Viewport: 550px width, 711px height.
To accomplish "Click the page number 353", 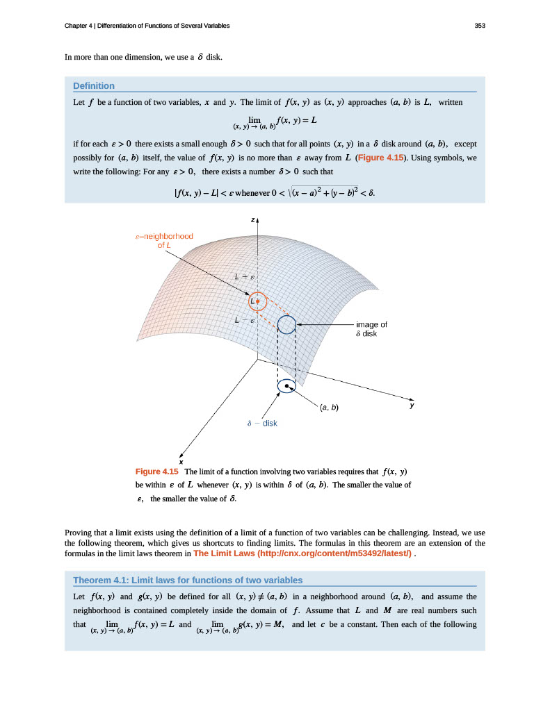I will tap(479, 26).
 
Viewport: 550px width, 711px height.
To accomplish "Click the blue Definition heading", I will tap(94, 85).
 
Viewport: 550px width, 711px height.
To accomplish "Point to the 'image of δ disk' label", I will tap(371, 328).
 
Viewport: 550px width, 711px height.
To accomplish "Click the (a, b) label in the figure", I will tap(329, 407).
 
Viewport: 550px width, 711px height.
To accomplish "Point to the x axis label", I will tap(181, 462).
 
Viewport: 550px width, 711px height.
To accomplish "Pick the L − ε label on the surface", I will tap(244, 320).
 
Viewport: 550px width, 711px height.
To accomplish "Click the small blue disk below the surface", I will tap(286, 386).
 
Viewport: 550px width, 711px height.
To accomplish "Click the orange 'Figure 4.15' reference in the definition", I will tap(381, 158).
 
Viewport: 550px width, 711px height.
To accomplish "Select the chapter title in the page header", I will tap(147, 26).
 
